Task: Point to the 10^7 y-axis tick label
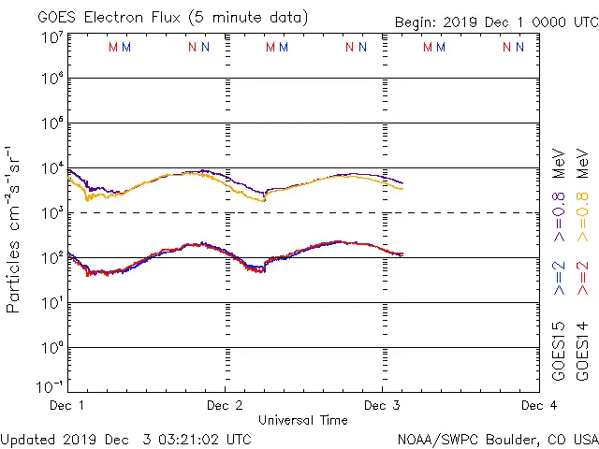pos(51,38)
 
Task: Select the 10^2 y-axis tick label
pos(51,258)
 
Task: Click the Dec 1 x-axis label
pos(67,406)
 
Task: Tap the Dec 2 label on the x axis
pos(225,406)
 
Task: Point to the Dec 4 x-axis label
pos(539,406)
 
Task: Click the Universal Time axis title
pos(302,421)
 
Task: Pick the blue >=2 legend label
pos(559,278)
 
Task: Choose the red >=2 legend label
pos(582,278)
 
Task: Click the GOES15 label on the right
pos(559,351)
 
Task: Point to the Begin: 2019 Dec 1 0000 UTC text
pos(495,21)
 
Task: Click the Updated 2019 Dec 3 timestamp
pos(126,439)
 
